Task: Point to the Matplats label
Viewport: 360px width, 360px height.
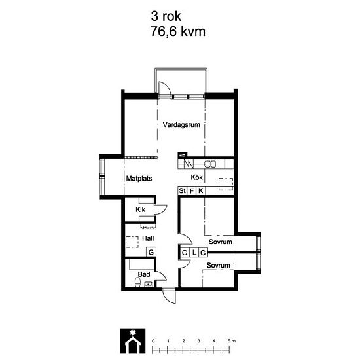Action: (139, 177)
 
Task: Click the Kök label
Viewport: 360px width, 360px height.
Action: (197, 177)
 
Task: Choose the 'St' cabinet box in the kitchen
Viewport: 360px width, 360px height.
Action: (183, 190)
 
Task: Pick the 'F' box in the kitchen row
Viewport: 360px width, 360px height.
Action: (192, 190)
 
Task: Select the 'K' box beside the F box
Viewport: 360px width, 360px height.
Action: (201, 190)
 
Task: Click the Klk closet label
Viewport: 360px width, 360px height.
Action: (140, 209)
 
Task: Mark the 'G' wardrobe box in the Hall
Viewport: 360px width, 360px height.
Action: (151, 252)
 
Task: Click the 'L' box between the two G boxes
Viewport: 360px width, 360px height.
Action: (194, 252)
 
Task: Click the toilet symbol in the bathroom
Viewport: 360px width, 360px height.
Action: (137, 283)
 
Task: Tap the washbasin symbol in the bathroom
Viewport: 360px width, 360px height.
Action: (148, 284)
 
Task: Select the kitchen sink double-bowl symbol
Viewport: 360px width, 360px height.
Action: (211, 164)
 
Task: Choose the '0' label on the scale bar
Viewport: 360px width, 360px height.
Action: (153, 341)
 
